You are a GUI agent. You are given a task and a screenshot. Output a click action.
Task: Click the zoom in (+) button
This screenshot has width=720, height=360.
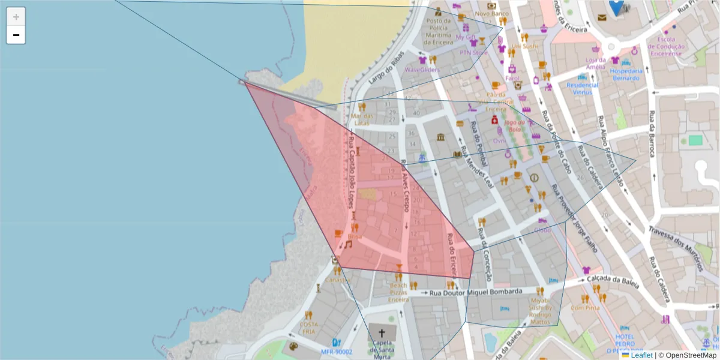click(16, 16)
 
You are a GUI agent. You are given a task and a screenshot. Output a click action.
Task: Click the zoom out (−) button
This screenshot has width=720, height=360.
click(16, 35)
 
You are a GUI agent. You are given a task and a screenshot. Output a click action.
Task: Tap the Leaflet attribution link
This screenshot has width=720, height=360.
click(641, 355)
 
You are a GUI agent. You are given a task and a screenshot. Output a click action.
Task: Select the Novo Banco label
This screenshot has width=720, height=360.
click(491, 13)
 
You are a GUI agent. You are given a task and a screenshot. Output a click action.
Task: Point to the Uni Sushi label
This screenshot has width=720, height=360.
click(525, 46)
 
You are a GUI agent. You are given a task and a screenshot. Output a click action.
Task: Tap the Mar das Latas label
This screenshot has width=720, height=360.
click(362, 119)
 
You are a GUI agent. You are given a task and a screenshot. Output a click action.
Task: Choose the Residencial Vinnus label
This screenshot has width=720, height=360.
click(582, 89)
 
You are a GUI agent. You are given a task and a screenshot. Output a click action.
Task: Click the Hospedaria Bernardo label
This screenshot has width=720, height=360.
click(626, 74)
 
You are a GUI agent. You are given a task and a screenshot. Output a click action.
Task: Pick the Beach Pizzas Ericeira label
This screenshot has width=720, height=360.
click(398, 292)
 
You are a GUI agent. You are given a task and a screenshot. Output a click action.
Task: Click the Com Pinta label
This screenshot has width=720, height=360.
click(585, 308)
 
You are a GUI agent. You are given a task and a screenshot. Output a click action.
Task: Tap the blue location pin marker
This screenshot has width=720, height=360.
click(616, 8)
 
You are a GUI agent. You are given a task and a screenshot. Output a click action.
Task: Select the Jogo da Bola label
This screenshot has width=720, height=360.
click(515, 125)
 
